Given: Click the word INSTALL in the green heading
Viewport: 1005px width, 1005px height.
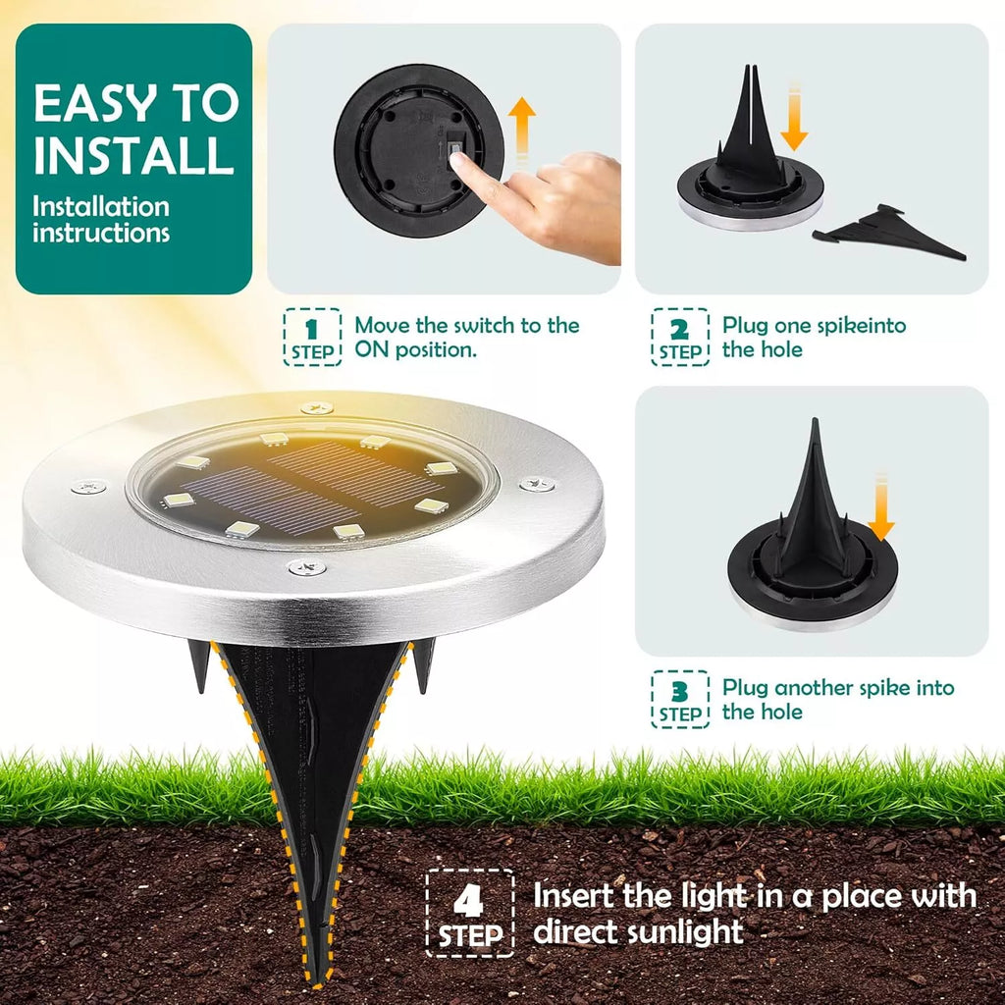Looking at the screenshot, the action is [x=133, y=155].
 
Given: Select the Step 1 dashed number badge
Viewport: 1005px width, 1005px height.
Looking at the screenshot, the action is [x=312, y=338].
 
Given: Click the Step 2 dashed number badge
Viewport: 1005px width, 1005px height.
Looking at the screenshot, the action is [x=680, y=338].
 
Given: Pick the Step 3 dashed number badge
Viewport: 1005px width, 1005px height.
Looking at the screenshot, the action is [x=680, y=699].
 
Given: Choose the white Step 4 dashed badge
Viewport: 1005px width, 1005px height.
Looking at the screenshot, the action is [x=470, y=914].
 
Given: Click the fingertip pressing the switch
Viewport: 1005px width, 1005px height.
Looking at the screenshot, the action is [x=457, y=160].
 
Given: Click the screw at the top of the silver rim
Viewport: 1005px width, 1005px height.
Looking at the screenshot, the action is [x=317, y=407].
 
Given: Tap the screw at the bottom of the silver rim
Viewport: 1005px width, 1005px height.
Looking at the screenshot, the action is [x=306, y=567].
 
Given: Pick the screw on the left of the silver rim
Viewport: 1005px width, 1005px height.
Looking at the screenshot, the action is [x=88, y=487].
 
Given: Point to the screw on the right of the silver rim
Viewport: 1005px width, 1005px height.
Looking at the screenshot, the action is [x=537, y=484].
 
